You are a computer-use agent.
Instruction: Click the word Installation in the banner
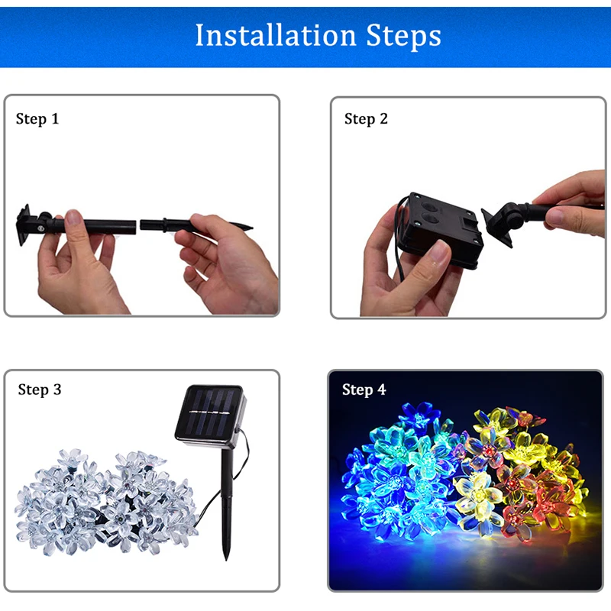click(276, 35)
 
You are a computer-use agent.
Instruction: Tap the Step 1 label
click(37, 119)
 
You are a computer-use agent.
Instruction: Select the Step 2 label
click(366, 119)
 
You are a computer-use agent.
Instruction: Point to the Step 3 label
click(40, 390)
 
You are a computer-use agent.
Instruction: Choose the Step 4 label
click(364, 390)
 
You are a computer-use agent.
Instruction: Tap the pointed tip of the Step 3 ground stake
click(226, 560)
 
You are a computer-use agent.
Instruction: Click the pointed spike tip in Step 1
click(251, 227)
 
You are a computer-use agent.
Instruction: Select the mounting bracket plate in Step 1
click(24, 225)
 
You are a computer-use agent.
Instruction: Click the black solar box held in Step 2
click(441, 230)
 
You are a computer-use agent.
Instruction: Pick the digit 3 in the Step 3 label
click(57, 390)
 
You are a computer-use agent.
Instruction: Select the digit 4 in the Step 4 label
click(381, 390)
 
